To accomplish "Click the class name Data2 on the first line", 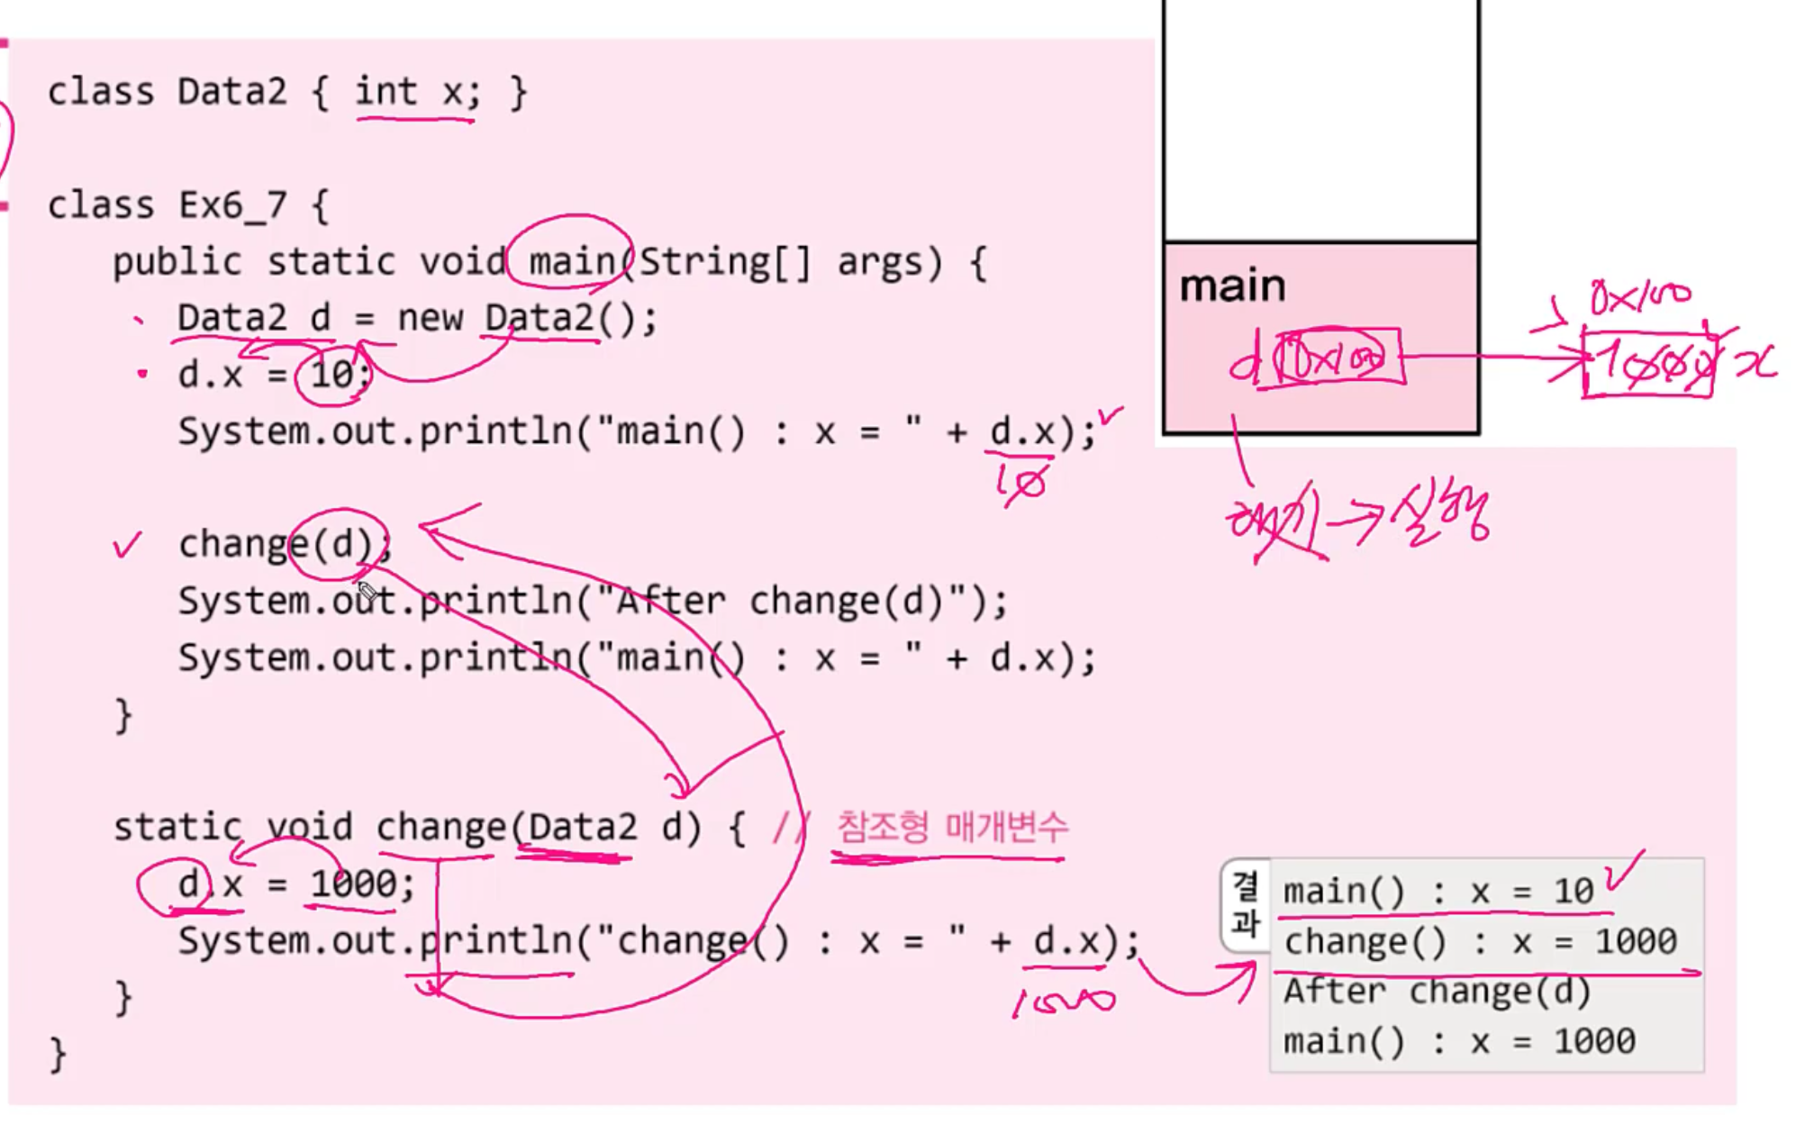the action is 231,92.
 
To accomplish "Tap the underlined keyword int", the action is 386,92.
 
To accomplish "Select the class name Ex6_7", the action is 232,205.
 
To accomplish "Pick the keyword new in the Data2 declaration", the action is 430,318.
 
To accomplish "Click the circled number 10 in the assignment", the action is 332,374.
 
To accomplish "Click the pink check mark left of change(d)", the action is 128,544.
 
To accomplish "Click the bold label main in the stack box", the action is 1232,286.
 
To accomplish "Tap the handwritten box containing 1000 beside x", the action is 1648,364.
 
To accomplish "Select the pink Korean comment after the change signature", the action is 952,827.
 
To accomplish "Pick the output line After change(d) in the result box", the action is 1437,992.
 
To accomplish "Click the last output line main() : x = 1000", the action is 1458,1042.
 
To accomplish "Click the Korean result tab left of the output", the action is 1245,904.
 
